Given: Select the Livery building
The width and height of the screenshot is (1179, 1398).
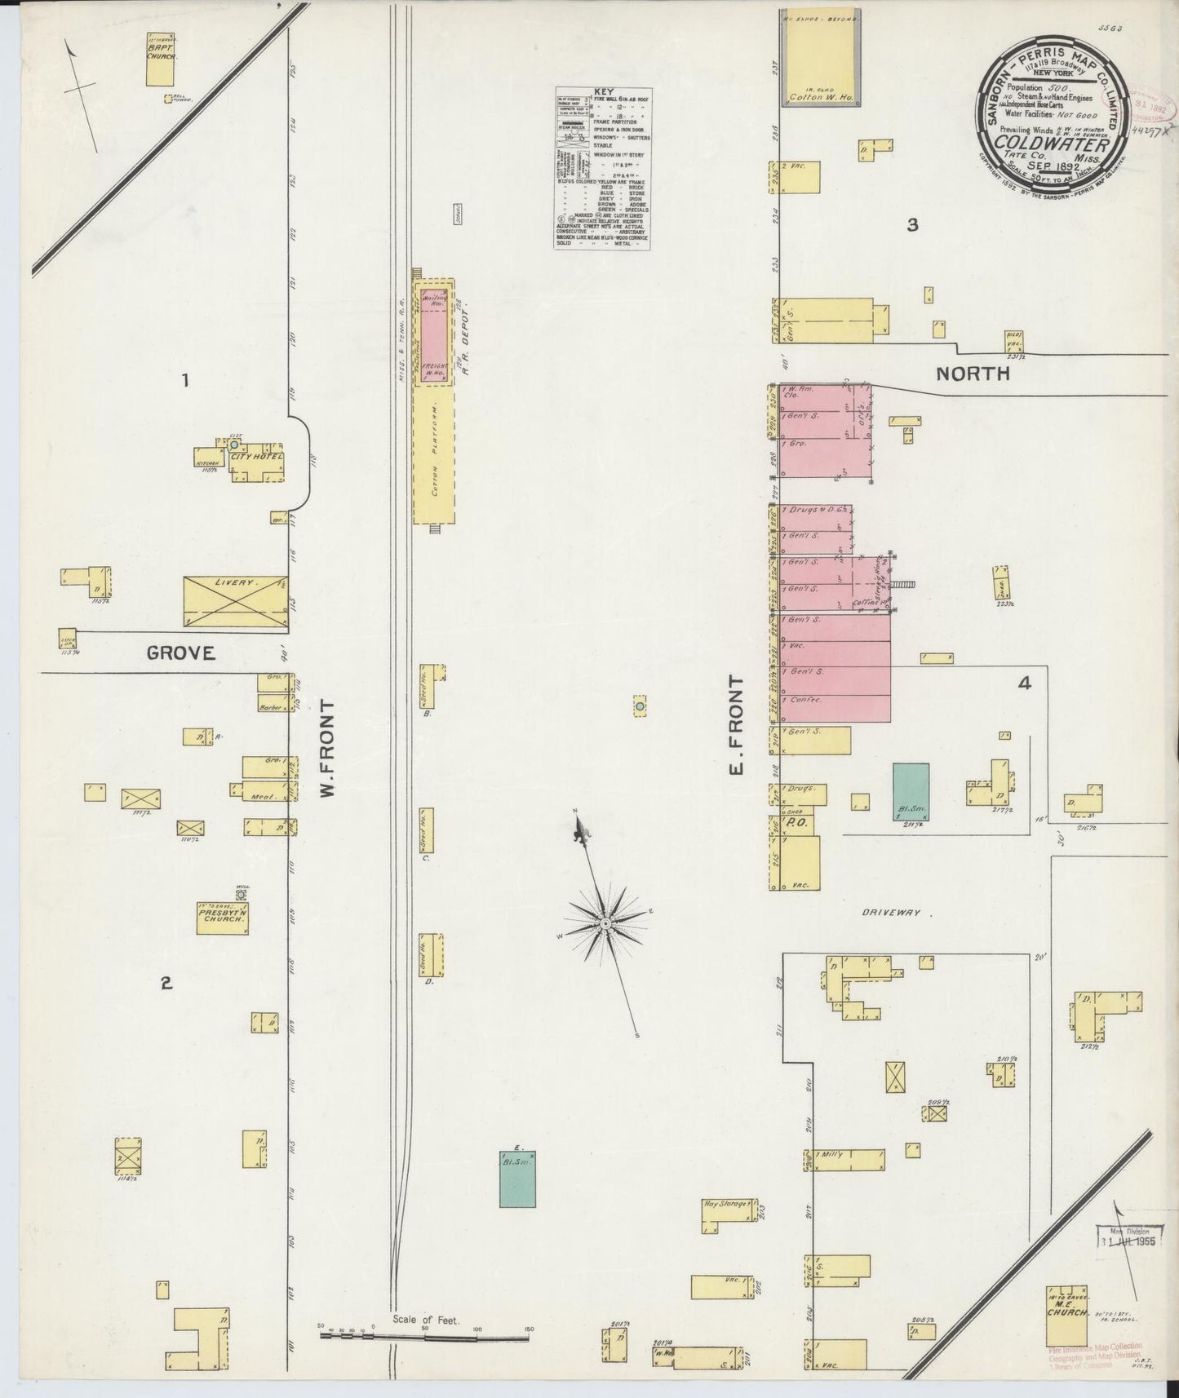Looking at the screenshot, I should [234, 601].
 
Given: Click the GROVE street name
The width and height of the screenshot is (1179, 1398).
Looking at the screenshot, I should [180, 653].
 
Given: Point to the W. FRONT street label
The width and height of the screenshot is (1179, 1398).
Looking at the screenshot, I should [328, 747].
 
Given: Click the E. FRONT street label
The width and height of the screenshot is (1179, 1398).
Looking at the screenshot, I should [738, 725].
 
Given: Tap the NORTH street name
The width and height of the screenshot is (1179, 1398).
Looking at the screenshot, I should [973, 374].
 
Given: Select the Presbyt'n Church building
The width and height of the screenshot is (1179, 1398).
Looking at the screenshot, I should [221, 917].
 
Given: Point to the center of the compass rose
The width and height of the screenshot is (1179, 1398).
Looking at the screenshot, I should [605, 923].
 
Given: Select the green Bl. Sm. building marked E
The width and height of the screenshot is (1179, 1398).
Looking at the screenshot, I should [518, 1179].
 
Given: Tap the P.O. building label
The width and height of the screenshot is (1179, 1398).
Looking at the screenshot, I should [791, 824].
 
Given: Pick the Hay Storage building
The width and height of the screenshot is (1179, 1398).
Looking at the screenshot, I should [725, 1214].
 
